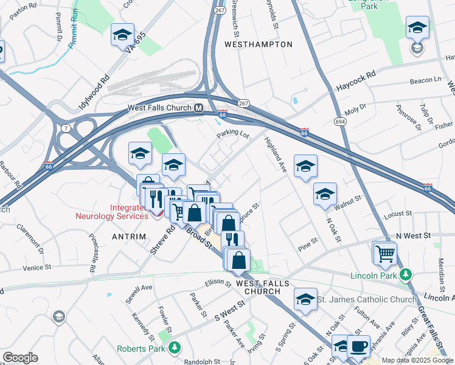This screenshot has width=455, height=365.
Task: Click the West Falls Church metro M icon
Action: (x=198, y=108)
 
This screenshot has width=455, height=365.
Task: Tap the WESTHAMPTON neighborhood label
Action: (x=258, y=44)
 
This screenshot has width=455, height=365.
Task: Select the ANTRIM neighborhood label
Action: (x=129, y=236)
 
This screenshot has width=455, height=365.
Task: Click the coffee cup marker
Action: (x=358, y=346)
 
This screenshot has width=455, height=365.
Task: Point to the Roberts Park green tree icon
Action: (x=175, y=348)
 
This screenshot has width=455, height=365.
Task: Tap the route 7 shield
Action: (x=64, y=127)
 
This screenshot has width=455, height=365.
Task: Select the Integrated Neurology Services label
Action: (x=111, y=212)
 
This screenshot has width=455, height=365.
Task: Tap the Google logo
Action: (x=19, y=358)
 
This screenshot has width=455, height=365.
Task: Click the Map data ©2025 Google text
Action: (x=417, y=360)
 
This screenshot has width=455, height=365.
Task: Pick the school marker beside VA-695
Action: (x=122, y=35)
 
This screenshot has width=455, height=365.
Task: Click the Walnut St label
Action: (x=347, y=207)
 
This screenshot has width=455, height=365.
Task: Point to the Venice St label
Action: (x=37, y=267)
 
